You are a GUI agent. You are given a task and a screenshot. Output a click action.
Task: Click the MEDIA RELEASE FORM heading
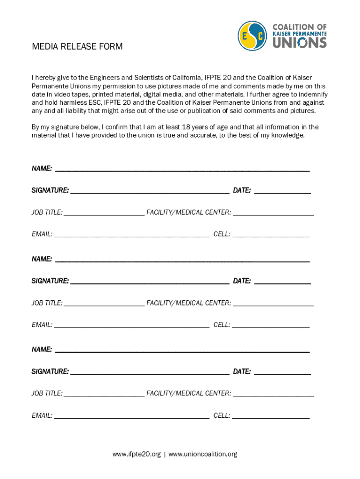click(77, 46)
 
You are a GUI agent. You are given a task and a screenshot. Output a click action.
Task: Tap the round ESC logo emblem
click(253, 36)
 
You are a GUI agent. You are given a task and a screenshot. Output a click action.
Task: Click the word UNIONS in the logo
click(300, 43)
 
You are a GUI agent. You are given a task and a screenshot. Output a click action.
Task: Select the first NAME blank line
click(182, 171)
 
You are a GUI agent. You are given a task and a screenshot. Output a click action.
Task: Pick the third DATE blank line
click(282, 374)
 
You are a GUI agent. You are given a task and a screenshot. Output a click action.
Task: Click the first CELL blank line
click(271, 236)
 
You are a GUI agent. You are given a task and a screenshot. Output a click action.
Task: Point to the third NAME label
click(42, 349)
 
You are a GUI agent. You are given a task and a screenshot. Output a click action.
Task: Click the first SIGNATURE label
click(50, 190)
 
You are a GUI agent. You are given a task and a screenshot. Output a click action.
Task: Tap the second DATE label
click(242, 281)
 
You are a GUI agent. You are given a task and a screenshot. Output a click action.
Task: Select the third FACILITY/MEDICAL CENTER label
click(188, 393)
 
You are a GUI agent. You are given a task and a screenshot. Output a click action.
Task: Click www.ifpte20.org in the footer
click(137, 454)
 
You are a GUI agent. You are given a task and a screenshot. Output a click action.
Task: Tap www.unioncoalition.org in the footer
click(202, 454)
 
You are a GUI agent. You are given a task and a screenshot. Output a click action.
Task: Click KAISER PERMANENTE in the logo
click(300, 34)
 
